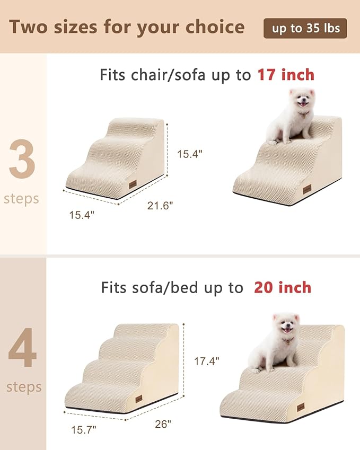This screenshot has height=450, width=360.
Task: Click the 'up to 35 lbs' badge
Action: coord(305,28)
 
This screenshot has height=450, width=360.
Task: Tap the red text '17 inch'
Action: coord(286,75)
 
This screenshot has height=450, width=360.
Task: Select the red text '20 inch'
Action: coord(283,287)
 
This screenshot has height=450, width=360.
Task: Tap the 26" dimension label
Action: coord(163,424)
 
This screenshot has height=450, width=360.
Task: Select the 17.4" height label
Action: coord(206,361)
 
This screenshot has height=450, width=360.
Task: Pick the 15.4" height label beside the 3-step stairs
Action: coord(190,154)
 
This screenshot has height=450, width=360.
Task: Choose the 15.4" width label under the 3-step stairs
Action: coord(82,215)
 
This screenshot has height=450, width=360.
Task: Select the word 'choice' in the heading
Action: coord(214,27)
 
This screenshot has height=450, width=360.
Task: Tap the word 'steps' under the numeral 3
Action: coord(21,199)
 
